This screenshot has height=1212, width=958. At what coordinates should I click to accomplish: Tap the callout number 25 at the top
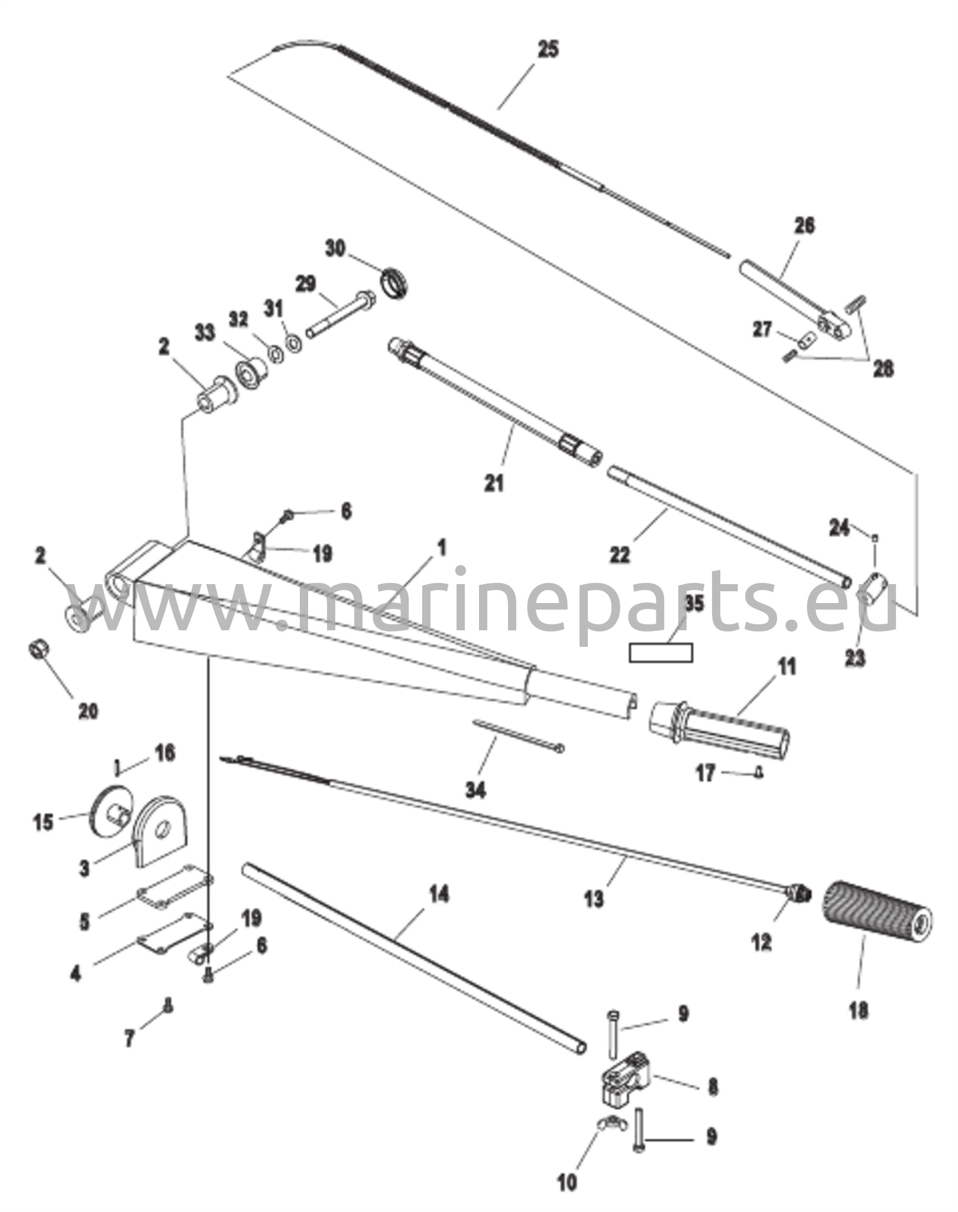pyautogui.click(x=548, y=49)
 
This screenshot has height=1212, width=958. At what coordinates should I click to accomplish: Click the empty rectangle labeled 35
pyautogui.click(x=661, y=653)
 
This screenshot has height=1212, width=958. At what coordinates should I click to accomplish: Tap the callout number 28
pyautogui.click(x=883, y=369)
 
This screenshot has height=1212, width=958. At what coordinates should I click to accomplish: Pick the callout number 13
pyautogui.click(x=594, y=898)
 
